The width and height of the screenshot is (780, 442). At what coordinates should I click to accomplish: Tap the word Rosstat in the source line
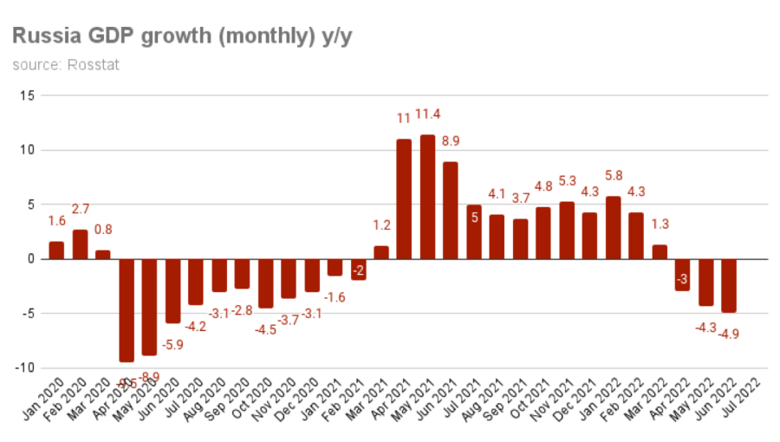(x=93, y=65)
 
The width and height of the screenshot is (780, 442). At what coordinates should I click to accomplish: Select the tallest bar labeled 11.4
(x=427, y=197)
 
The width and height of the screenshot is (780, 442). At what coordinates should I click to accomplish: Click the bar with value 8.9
(x=450, y=211)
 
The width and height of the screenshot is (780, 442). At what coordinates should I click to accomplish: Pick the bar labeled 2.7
(x=80, y=244)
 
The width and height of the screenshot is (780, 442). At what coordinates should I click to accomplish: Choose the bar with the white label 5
(x=473, y=231)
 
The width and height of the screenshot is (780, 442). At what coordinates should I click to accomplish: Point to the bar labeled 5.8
(x=613, y=227)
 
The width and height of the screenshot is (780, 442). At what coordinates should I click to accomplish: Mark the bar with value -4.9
(x=729, y=285)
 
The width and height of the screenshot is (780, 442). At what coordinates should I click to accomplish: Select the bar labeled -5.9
(x=172, y=290)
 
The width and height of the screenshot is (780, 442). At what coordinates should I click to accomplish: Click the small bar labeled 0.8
(x=103, y=255)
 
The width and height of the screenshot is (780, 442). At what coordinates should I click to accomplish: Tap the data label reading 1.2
(x=381, y=227)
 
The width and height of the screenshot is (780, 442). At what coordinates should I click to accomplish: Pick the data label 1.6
(x=56, y=221)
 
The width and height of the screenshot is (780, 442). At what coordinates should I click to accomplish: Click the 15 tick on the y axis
(x=26, y=95)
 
